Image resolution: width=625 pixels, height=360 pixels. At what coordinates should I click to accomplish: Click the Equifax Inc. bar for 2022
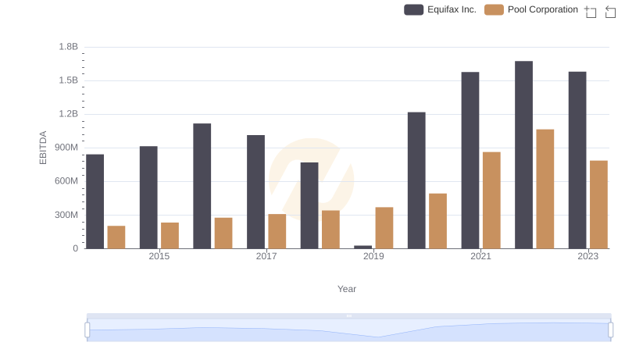523,155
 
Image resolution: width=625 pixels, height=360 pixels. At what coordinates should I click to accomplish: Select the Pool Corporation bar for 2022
545,189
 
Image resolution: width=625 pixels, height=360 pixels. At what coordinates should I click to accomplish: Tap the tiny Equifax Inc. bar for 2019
362,247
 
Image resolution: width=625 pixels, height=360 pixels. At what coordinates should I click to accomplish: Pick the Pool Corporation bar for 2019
384,228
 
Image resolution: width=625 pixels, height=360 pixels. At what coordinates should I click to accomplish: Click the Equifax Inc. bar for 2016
202,186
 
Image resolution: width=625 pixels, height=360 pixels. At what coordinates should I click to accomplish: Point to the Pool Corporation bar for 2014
116,237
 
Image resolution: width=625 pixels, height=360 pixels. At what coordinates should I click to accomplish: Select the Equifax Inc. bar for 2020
416,180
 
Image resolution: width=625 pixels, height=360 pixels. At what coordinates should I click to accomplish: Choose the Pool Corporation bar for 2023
598,205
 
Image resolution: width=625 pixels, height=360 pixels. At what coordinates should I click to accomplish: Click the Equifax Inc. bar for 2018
309,205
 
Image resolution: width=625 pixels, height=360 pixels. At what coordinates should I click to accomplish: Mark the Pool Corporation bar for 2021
491,200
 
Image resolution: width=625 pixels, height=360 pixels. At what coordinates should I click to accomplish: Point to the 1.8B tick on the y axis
69,47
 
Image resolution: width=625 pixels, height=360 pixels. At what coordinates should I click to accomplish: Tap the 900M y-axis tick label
66,148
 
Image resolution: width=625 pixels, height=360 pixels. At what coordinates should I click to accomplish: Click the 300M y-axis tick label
66,215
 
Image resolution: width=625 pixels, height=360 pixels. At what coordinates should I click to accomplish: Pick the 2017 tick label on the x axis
266,256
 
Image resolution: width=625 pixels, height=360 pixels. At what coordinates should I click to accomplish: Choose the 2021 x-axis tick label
480,256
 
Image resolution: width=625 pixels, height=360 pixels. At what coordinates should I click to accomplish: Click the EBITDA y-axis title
44,148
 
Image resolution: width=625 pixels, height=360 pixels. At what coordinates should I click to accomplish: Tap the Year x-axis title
347,289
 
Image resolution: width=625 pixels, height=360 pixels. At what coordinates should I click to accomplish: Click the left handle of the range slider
87,330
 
